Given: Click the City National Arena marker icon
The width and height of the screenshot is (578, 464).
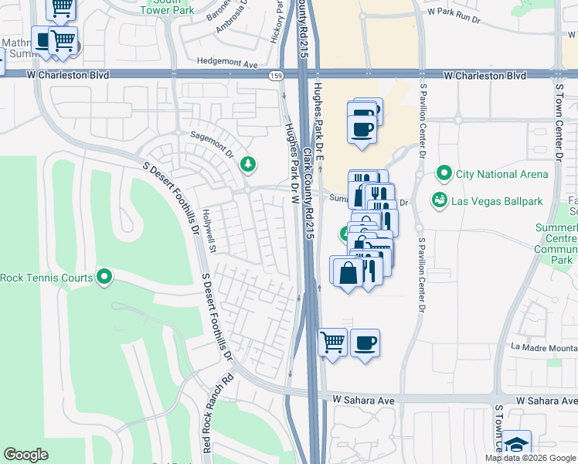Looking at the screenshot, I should point(444,173).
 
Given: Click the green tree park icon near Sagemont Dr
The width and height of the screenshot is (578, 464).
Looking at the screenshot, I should point(248,163).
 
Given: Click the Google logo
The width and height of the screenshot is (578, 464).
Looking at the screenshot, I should point(26,455).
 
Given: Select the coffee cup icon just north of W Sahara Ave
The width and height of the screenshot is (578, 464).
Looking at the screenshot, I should point(365,342).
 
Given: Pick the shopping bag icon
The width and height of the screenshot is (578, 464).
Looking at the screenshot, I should point(348,272).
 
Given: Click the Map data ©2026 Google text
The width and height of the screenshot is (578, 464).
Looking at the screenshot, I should point(530,458).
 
